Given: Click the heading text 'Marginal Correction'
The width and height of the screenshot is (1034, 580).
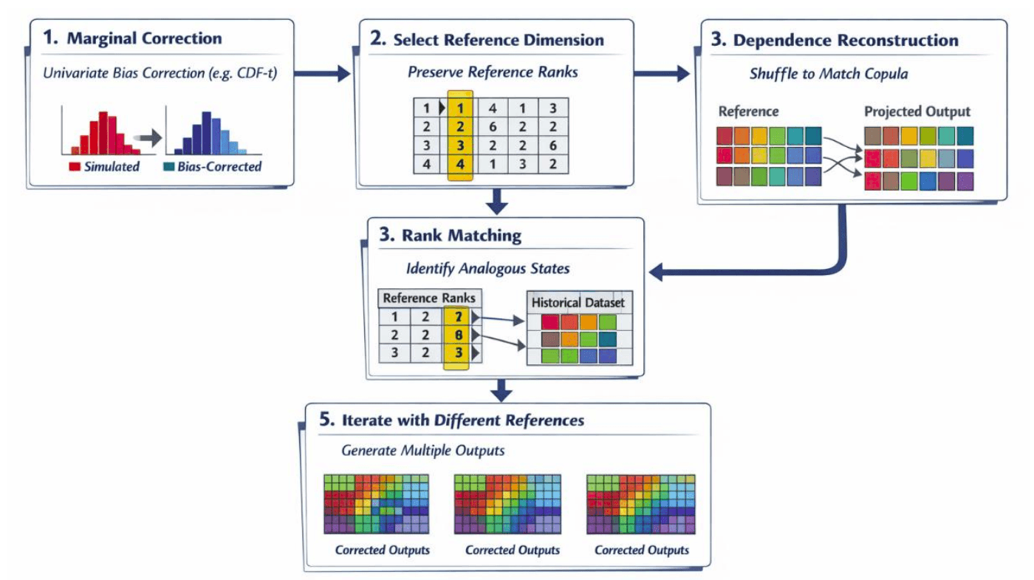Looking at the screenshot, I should point(144,38).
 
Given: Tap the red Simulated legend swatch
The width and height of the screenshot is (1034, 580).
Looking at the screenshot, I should point(75,166).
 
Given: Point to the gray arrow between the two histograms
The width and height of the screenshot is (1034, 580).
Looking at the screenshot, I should point(150,137).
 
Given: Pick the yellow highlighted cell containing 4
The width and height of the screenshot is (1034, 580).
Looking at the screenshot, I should point(459,164).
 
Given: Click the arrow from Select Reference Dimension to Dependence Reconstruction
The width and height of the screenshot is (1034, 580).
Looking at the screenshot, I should point(661,73).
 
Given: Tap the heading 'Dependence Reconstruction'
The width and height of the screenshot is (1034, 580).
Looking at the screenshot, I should point(845,41).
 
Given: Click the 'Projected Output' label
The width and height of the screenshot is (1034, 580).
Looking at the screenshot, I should point(917,112).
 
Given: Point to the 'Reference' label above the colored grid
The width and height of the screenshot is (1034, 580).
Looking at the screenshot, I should point(748,112).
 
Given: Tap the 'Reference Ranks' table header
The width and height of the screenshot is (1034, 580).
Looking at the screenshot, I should point(428,298).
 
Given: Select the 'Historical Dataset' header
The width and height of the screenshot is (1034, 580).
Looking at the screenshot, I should point(578,302).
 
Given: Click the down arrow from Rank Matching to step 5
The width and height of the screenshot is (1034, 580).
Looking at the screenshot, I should point(501,387).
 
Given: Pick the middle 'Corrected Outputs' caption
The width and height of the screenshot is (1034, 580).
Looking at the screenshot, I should point(513,550).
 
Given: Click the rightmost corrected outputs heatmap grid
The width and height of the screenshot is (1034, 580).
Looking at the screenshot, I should point(640,504).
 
